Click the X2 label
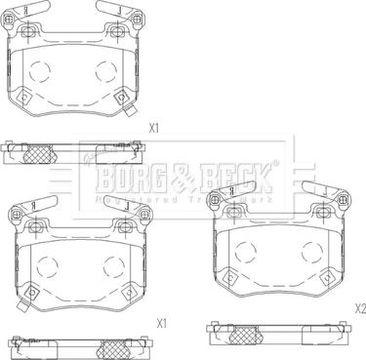(358, 308)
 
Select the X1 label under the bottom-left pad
(163, 321)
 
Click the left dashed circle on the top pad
(41, 71)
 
